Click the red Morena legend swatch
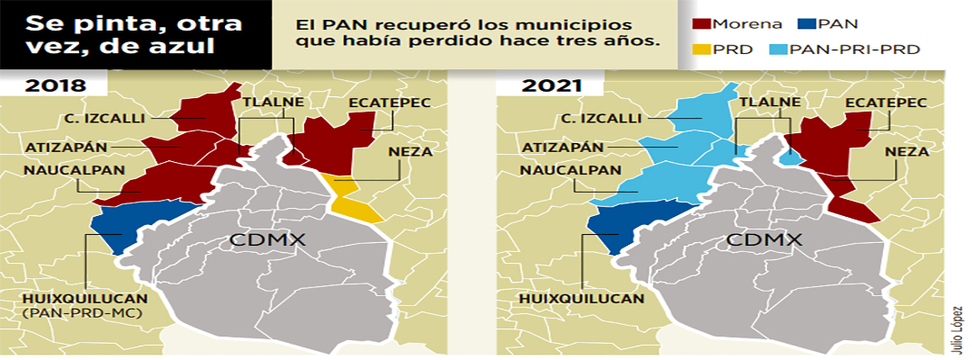(x=701, y=25)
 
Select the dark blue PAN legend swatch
(x=807, y=25)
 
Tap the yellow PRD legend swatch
(x=701, y=49)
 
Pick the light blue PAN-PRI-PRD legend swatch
(x=778, y=49)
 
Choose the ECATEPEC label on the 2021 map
(x=886, y=103)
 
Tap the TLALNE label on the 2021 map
(x=766, y=103)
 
